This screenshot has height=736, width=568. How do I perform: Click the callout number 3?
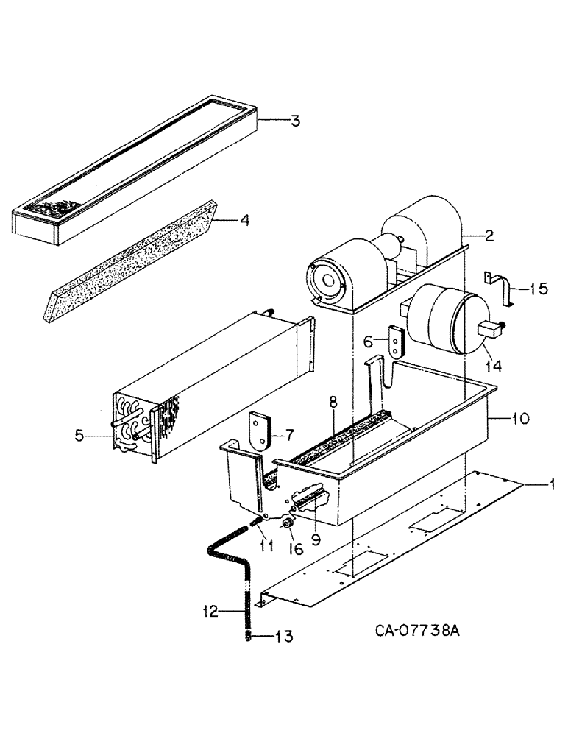pos(294,120)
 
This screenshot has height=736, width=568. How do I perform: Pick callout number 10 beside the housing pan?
pos(519,420)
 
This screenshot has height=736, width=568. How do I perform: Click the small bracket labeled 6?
pos(397,342)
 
